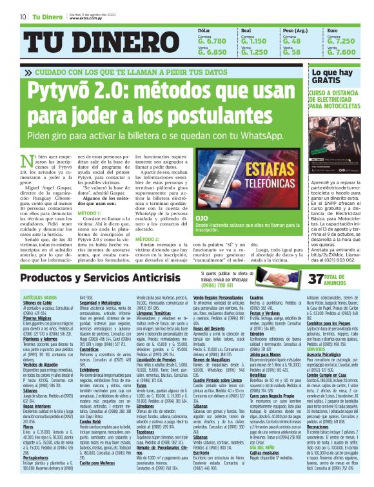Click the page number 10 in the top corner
point(23,17)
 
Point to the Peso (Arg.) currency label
point(295,30)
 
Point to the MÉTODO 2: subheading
point(148,239)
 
